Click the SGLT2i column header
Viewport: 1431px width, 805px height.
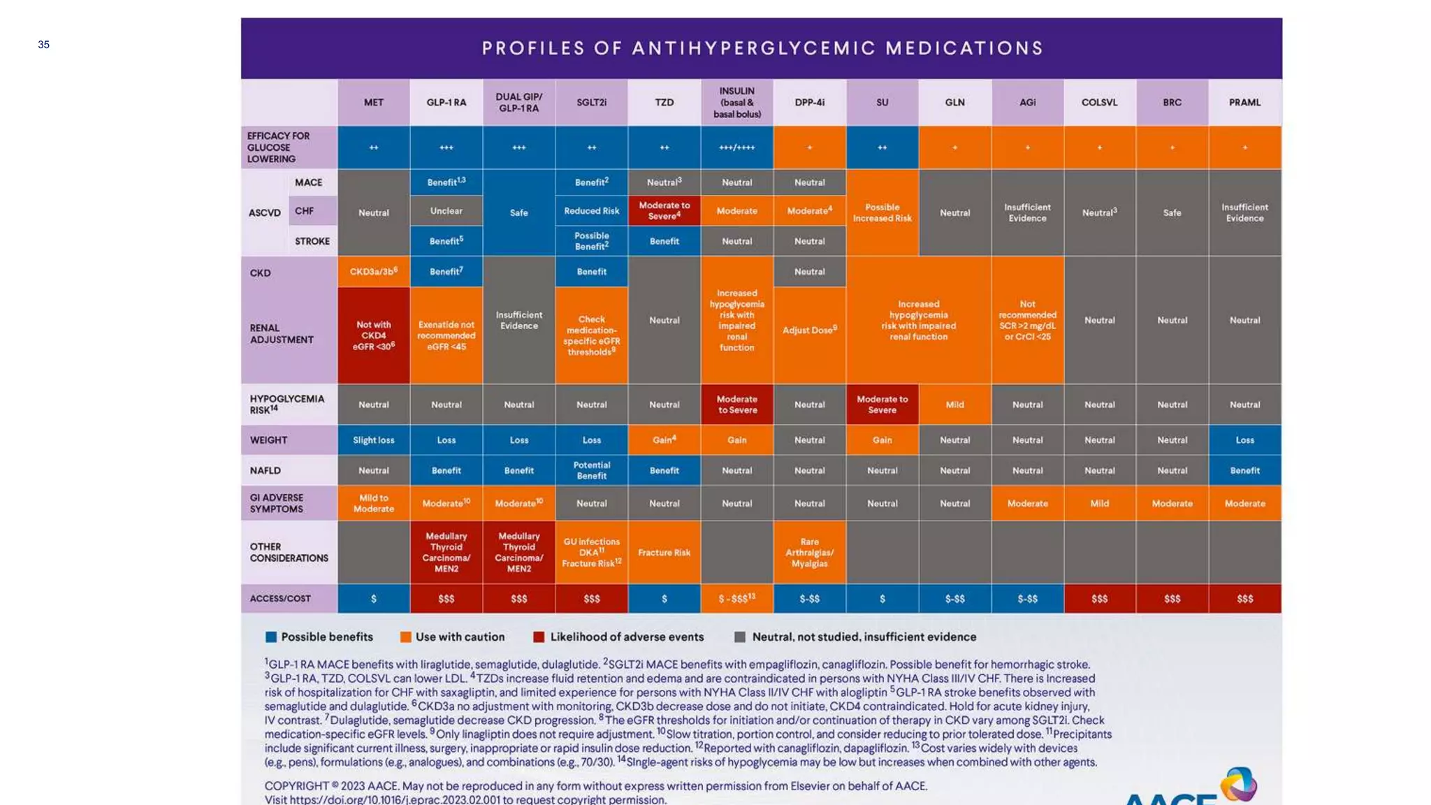pyautogui.click(x=591, y=102)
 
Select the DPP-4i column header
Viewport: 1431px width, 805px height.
pyautogui.click(x=809, y=102)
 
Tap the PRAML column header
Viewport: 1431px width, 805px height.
pyautogui.click(x=1244, y=102)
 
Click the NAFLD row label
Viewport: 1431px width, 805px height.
pyautogui.click(x=266, y=470)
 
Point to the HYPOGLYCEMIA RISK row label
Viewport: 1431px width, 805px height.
pyautogui.click(x=286, y=404)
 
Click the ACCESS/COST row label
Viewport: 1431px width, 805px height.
pyautogui.click(x=280, y=598)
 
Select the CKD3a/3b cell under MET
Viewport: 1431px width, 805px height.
pyautogui.click(x=373, y=271)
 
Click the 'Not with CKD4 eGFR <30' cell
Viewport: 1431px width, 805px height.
pyautogui.click(x=373, y=335)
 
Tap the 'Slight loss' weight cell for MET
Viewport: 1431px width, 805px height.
pyautogui.click(x=373, y=440)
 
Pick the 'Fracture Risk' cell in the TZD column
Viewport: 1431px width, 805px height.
pyautogui.click(x=664, y=552)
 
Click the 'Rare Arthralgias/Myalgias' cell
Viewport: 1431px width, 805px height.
pyautogui.click(x=809, y=552)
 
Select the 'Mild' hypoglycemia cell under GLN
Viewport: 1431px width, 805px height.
pyautogui.click(x=954, y=405)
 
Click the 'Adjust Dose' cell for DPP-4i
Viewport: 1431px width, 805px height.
pyautogui.click(x=809, y=330)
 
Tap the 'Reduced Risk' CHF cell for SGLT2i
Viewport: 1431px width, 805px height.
pyautogui.click(x=591, y=211)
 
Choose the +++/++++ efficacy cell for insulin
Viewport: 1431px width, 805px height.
pyautogui.click(x=736, y=147)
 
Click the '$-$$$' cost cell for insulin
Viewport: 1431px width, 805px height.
pyautogui.click(x=736, y=598)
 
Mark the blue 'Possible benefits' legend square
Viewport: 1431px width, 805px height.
pyautogui.click(x=271, y=637)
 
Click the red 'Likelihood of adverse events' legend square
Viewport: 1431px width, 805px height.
pyautogui.click(x=539, y=637)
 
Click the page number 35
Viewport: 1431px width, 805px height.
pyautogui.click(x=43, y=45)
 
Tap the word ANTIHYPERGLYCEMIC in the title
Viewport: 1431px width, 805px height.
pyautogui.click(x=753, y=48)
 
